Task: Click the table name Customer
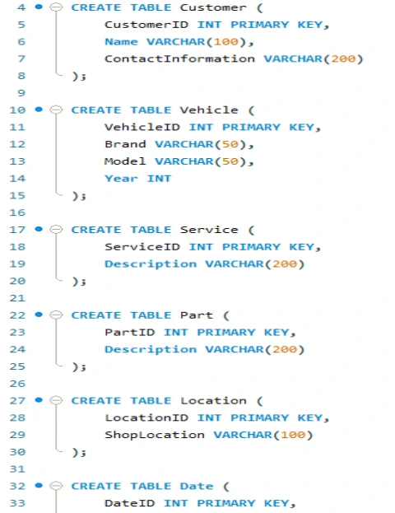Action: [213, 7]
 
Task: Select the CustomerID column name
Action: [146, 25]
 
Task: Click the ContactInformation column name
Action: [179, 59]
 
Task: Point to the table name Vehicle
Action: [209, 110]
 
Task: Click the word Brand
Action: [125, 144]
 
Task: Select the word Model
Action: [125, 161]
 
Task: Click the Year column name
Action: [121, 179]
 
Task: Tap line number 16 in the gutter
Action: [17, 212]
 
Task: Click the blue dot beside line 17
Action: [39, 229]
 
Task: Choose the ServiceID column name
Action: [142, 247]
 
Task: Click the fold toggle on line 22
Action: [56, 315]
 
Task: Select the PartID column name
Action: [130, 333]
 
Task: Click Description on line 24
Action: [151, 349]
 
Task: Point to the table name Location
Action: [213, 401]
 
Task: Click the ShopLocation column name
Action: [155, 435]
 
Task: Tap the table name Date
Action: [197, 486]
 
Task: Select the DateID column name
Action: [130, 503]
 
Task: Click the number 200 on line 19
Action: [285, 264]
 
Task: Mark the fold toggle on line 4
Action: [56, 7]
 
